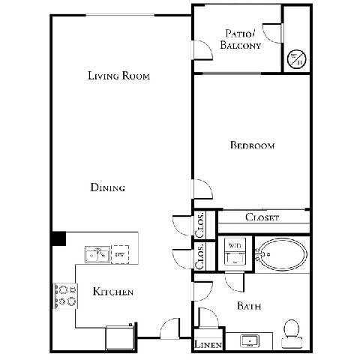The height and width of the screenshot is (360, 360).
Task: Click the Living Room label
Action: point(119,75)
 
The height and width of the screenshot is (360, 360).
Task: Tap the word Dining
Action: point(107,187)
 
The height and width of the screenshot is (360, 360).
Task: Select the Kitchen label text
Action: point(113,291)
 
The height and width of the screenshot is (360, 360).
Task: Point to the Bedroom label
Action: point(252,145)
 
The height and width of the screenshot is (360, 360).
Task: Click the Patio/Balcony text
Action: point(241,39)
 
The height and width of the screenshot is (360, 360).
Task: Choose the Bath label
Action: point(248,305)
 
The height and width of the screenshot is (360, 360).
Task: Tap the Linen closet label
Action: point(206,344)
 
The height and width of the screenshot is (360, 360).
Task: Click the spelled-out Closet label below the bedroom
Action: point(262,217)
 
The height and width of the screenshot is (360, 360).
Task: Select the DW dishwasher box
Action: point(120,255)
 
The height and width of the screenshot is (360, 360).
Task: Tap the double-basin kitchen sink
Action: point(96,255)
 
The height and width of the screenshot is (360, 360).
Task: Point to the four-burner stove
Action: point(65,295)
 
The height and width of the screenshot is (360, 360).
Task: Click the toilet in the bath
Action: point(291,334)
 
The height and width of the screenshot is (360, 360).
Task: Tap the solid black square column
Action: point(58,238)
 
